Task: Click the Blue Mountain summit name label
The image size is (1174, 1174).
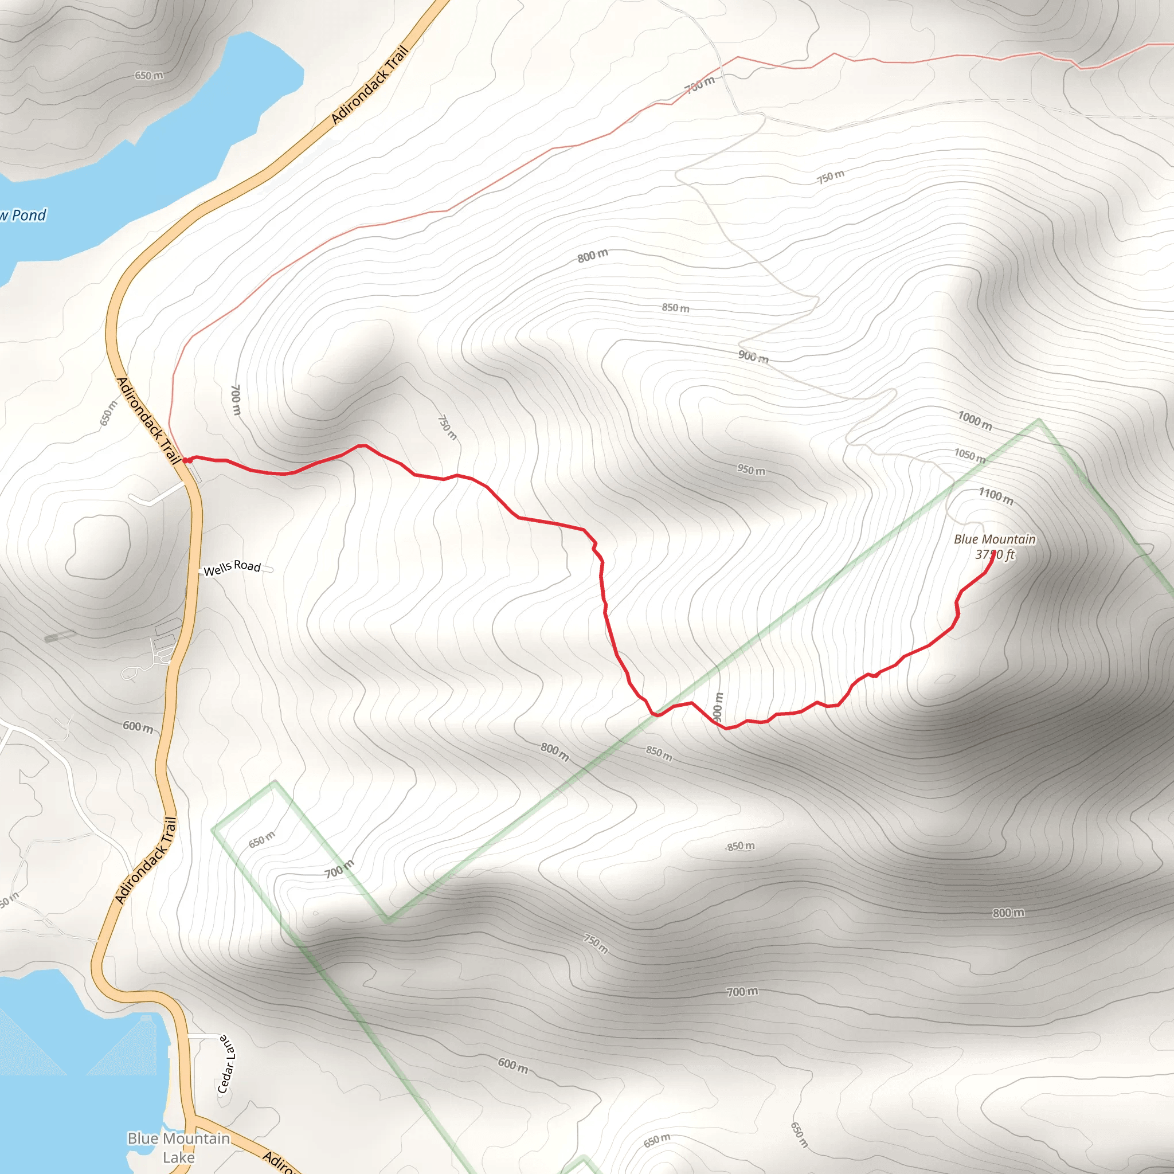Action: (x=994, y=539)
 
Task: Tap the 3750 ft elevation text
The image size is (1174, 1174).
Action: (x=995, y=554)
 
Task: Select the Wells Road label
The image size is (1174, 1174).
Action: (x=232, y=568)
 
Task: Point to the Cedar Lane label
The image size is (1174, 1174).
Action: (x=226, y=1064)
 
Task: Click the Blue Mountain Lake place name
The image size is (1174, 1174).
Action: (x=179, y=1147)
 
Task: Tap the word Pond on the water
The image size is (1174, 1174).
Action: (x=29, y=215)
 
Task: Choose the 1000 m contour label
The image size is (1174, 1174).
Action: (x=975, y=421)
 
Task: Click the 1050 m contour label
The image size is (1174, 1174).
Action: (x=969, y=455)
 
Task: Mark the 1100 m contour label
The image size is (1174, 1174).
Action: (x=995, y=496)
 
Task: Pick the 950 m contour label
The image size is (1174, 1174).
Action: (x=751, y=469)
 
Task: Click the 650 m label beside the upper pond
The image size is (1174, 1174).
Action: (x=149, y=75)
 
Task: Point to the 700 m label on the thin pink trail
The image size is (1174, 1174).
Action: (x=700, y=84)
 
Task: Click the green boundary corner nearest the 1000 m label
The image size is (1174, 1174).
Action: (x=1039, y=420)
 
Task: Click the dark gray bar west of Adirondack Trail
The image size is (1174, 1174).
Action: (x=60, y=636)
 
